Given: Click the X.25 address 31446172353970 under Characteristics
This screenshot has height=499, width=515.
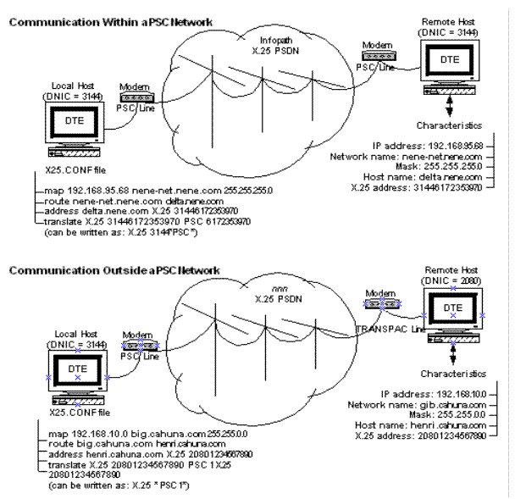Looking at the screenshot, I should [419, 187].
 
